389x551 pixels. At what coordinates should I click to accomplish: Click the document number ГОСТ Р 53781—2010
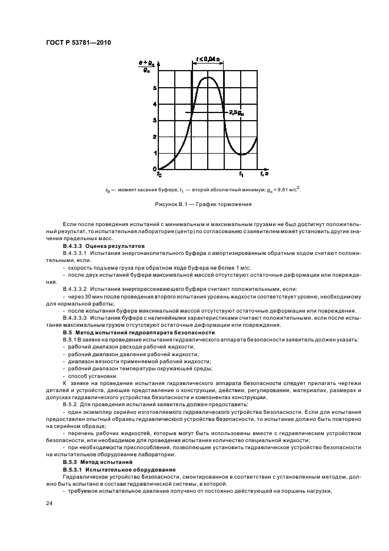[78, 43]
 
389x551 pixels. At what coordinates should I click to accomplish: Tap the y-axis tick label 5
[155, 88]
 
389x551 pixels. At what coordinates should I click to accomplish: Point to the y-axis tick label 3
[155, 121]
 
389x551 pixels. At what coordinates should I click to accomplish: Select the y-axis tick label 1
[155, 153]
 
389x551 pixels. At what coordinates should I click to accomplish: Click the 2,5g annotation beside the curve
[237, 112]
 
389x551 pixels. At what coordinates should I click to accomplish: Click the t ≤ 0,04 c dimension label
[208, 59]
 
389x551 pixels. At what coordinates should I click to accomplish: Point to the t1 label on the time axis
[241, 174]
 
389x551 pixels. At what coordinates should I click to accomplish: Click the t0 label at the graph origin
[159, 174]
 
